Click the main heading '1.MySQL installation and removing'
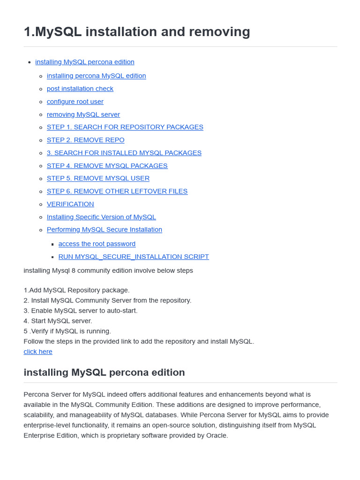click(137, 32)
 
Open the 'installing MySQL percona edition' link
click(85, 62)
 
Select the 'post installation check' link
click(80, 89)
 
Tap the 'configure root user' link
click(75, 101)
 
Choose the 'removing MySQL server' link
click(83, 114)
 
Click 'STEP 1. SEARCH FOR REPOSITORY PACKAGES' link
click(125, 127)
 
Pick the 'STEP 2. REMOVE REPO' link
click(86, 140)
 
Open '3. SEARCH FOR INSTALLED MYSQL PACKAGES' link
click(124, 153)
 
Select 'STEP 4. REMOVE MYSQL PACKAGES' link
click(107, 165)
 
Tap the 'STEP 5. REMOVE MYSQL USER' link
click(98, 178)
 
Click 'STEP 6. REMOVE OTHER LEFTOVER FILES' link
click(117, 191)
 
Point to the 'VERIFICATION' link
click(70, 204)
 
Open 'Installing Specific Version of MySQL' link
click(101, 217)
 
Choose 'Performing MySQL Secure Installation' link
click(105, 230)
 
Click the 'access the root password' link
click(97, 244)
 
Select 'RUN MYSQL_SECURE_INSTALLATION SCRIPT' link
click(134, 256)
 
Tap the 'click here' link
click(38, 352)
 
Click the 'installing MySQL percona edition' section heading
click(104, 372)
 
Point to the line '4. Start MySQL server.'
click(58, 321)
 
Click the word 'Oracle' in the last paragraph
click(216, 435)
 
